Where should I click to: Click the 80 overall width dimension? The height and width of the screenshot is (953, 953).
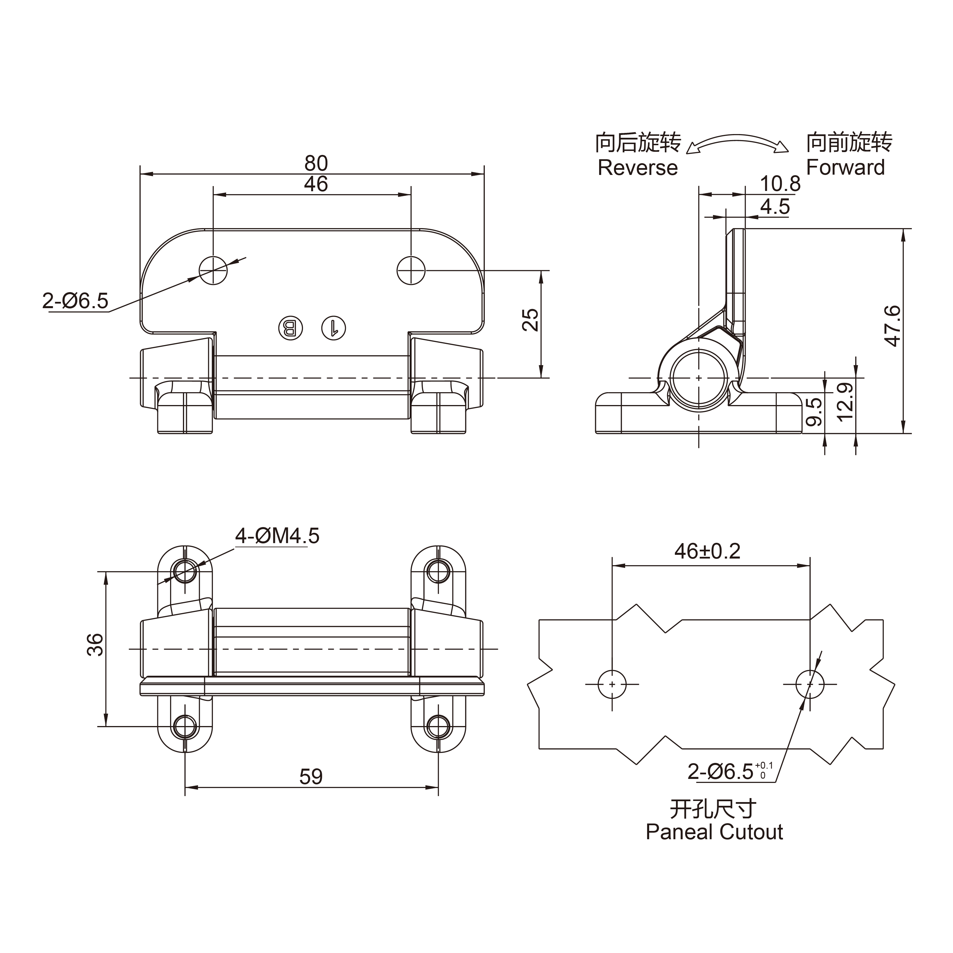316,163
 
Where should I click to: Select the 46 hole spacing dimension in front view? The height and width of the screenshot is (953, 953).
316,184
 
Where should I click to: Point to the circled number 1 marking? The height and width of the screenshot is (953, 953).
334,328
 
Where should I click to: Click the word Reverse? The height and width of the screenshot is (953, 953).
637,168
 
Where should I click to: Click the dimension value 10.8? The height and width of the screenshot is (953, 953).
780,184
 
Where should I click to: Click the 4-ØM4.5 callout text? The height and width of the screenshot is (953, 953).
277,536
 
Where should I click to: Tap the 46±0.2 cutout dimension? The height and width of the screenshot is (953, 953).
707,551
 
